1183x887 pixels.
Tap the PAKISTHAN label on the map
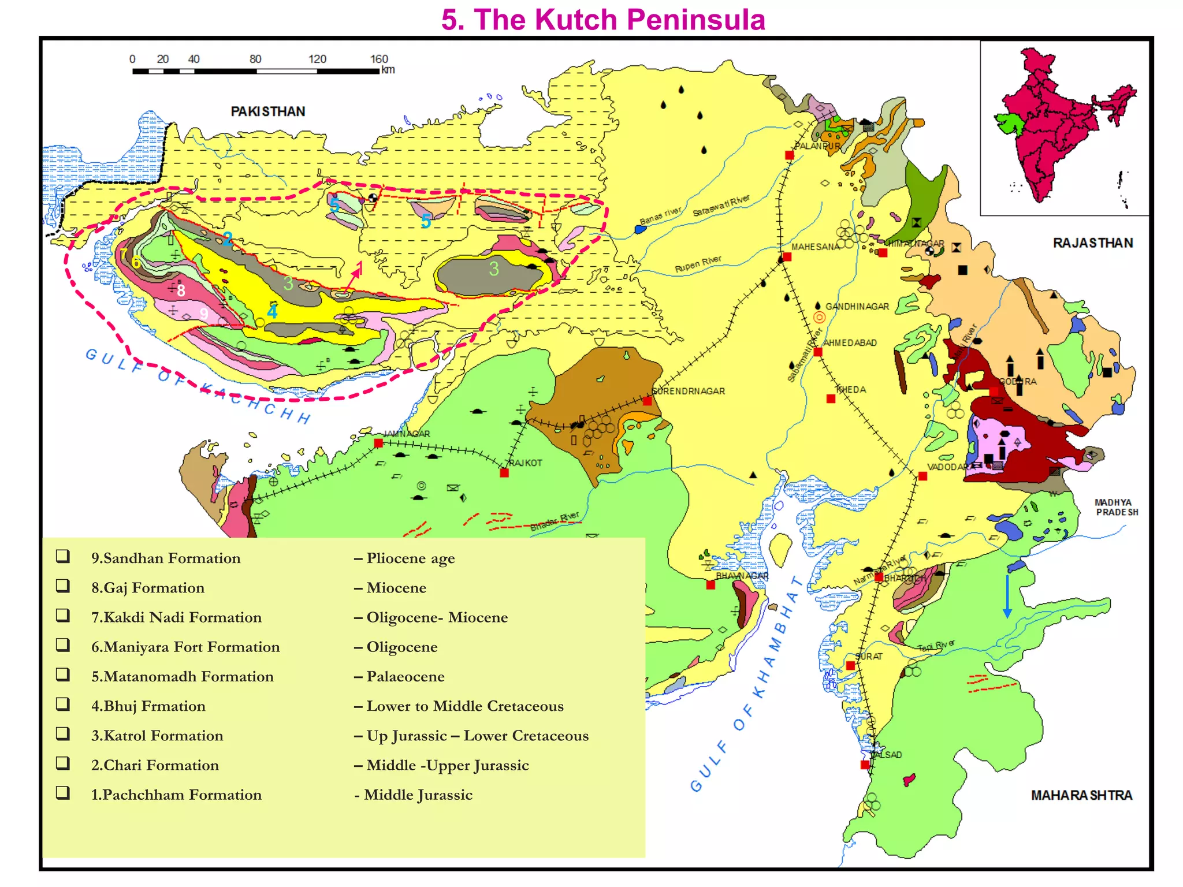268,111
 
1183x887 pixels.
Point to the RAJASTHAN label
1092,243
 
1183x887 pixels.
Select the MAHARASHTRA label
1081,795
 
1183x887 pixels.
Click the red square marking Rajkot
504,473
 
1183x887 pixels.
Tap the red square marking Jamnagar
378,443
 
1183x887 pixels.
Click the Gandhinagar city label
857,307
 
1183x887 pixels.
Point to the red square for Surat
850,666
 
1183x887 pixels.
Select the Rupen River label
698,264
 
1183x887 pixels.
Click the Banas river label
660,215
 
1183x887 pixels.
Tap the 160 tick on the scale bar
379,59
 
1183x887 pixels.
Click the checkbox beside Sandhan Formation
63,556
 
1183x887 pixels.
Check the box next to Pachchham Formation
63,793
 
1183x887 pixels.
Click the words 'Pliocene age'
410,558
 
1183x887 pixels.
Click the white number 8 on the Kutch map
181,290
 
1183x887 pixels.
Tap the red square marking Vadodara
922,476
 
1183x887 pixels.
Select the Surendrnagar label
688,391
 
